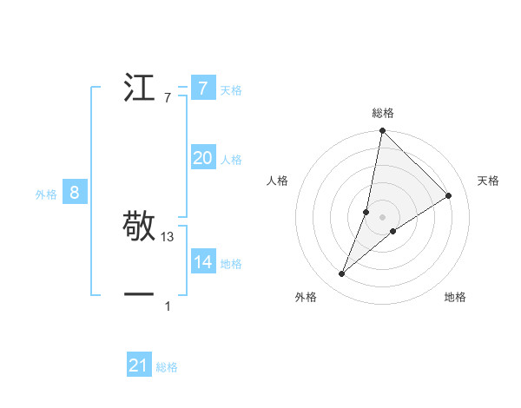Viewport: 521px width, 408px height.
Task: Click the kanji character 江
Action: pyautogui.click(x=140, y=89)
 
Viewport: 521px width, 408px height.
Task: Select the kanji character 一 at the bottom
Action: pyautogui.click(x=140, y=296)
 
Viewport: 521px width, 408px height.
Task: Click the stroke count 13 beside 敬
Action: pyautogui.click(x=168, y=237)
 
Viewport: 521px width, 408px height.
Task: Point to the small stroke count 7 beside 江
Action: pyautogui.click(x=168, y=98)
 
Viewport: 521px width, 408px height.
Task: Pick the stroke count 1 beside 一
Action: pyautogui.click(x=168, y=306)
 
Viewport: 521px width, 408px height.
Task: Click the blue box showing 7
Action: pyautogui.click(x=202, y=89)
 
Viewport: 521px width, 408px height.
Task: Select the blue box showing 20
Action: pyautogui.click(x=202, y=158)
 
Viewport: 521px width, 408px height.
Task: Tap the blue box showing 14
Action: pyautogui.click(x=202, y=262)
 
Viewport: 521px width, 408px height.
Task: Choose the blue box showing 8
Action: pyautogui.click(x=75, y=194)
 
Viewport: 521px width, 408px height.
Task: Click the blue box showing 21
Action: pyautogui.click(x=139, y=366)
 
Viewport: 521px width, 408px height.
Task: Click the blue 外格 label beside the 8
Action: pyautogui.click(x=46, y=194)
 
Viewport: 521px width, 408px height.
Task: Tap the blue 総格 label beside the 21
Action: pyautogui.click(x=167, y=367)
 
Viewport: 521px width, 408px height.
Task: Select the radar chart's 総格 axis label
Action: pyautogui.click(x=383, y=113)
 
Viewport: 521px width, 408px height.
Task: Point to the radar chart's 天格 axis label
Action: pyautogui.click(x=489, y=181)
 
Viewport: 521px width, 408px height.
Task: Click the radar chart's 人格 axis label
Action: pyautogui.click(x=278, y=181)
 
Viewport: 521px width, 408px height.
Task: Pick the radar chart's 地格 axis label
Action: pyautogui.click(x=455, y=297)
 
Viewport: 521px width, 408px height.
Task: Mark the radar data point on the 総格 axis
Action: pyautogui.click(x=383, y=131)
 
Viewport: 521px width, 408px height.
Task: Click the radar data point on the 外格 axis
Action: pyautogui.click(x=342, y=274)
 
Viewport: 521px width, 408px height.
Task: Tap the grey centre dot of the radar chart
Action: pyautogui.click(x=383, y=217)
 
